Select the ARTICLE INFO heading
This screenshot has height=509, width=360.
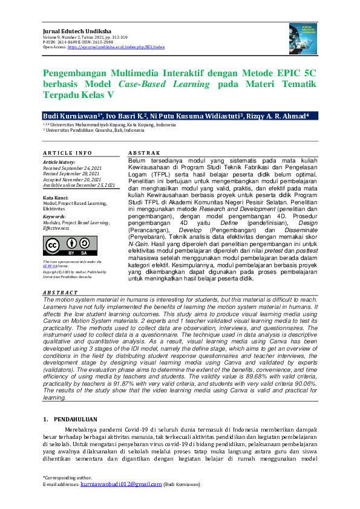coord(67,154)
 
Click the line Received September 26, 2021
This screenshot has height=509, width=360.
coord(72,167)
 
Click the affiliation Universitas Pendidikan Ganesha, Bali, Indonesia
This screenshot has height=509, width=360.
coord(96,130)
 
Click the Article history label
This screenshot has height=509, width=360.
coord(59,162)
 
